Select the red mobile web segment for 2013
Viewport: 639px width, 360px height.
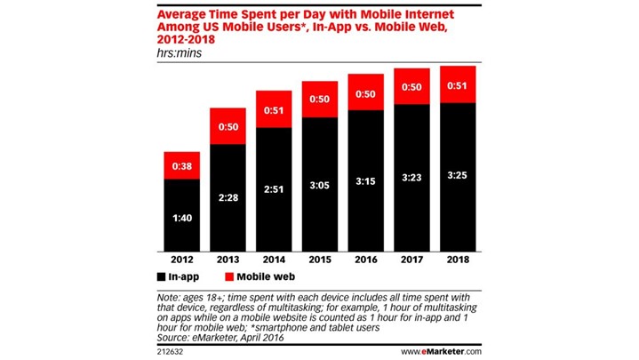coord(228,126)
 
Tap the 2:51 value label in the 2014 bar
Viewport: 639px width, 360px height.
coord(274,188)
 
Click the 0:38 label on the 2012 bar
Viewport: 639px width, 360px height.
coord(182,166)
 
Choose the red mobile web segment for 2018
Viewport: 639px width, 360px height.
coord(458,84)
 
